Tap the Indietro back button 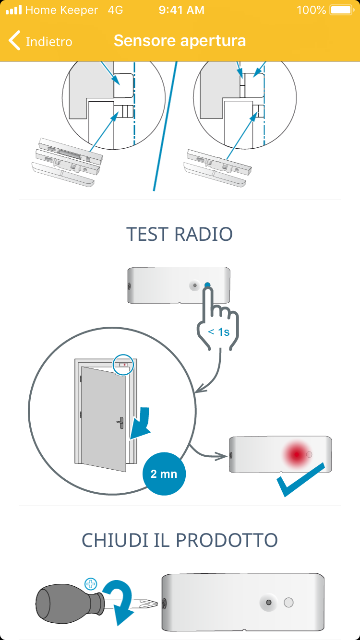coord(41,41)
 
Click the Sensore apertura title coord(180,41)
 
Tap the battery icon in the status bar coord(341,10)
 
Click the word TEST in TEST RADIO coord(147,234)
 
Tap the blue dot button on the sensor coord(207,285)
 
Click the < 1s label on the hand coord(218,332)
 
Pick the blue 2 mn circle coord(164,474)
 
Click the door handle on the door coord(120,423)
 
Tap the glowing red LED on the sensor coord(296,454)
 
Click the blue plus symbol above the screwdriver coord(90,584)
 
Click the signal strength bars coord(13,10)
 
